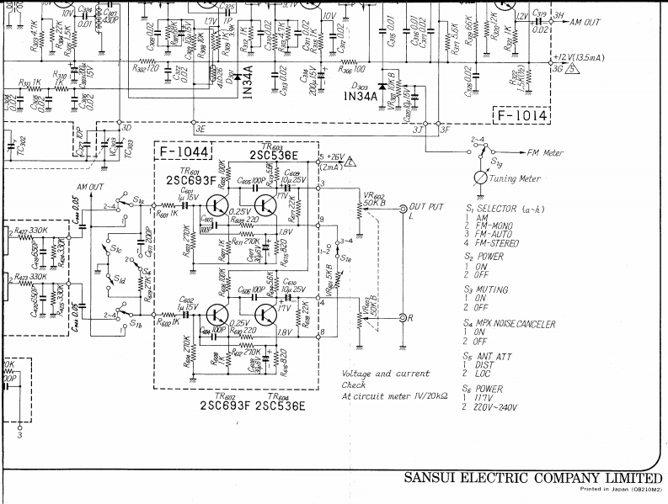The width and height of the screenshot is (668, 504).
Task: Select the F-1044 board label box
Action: click(182, 151)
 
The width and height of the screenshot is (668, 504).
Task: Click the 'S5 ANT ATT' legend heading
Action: click(492, 357)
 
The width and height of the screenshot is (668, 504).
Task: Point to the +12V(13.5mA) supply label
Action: click(588, 58)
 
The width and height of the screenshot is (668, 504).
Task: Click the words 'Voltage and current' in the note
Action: click(385, 374)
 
